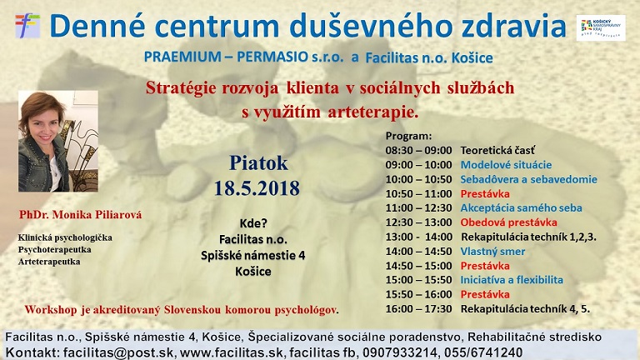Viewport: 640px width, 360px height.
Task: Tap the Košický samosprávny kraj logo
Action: point(606,27)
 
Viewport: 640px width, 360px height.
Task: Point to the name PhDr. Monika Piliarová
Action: point(81,215)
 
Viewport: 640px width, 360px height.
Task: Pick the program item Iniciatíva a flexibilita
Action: point(512,280)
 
